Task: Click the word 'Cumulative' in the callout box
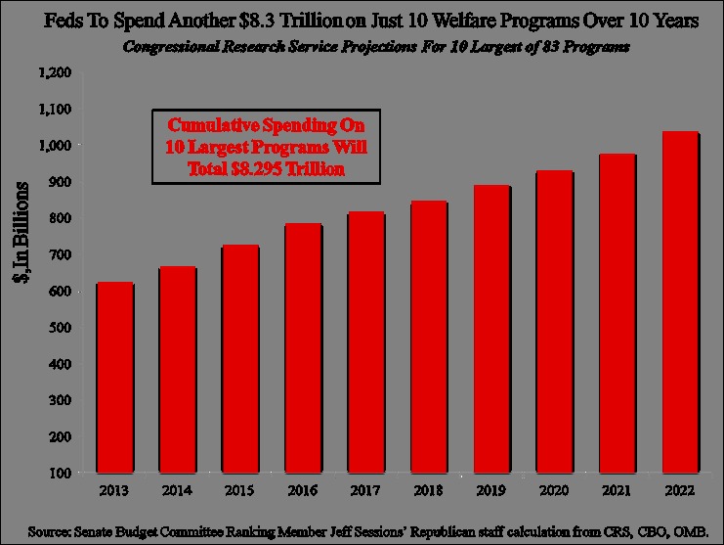(212, 125)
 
